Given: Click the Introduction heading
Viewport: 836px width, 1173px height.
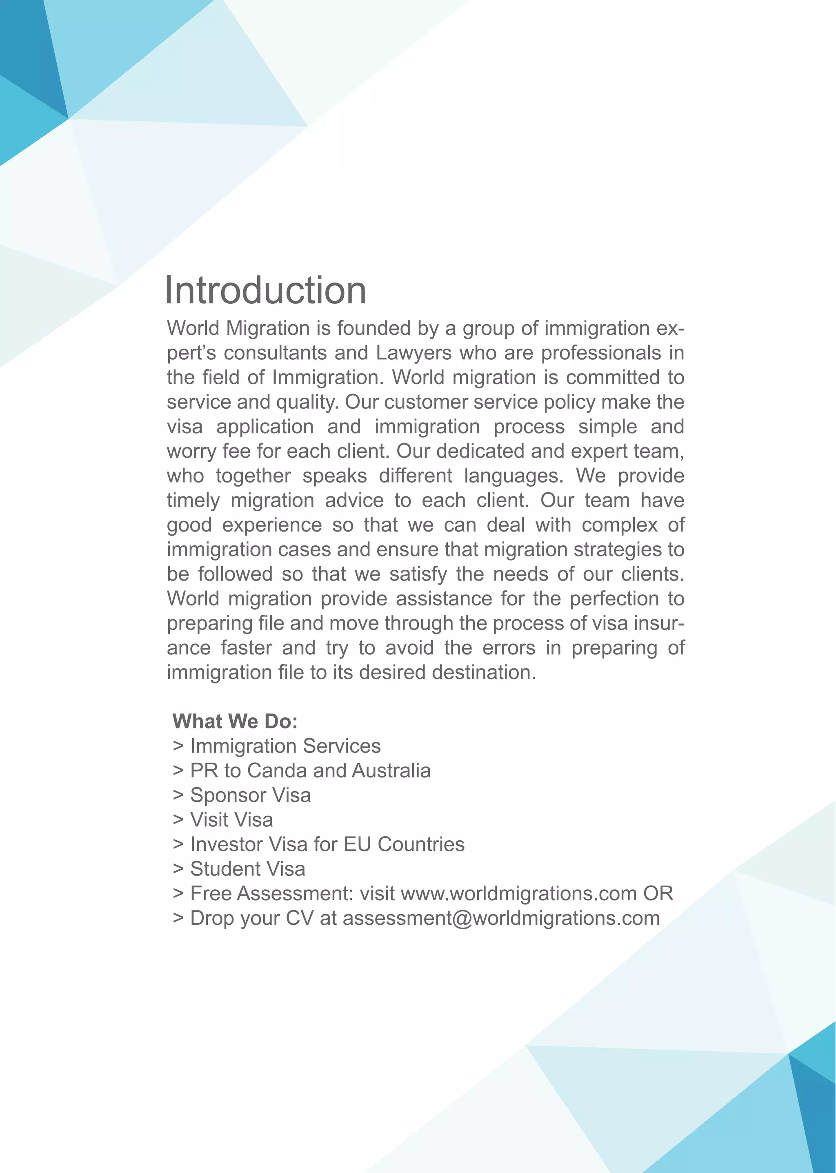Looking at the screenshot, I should [x=265, y=290].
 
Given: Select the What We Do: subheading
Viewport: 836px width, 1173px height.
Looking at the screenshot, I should [x=235, y=722].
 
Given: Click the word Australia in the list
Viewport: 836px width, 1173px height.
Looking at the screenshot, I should [x=391, y=771].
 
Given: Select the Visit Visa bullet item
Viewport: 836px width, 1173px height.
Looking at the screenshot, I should [x=231, y=820].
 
